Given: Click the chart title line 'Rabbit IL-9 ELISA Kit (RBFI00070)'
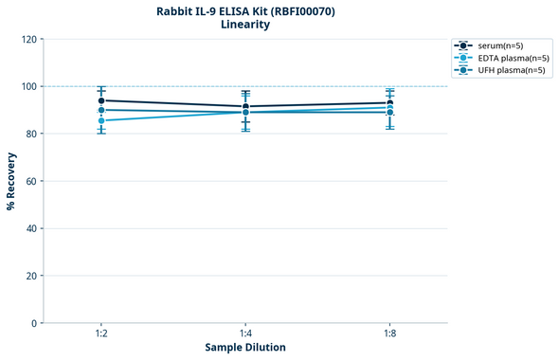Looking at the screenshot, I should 245,11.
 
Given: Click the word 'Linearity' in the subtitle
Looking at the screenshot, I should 245,26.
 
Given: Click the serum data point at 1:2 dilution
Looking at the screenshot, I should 101,100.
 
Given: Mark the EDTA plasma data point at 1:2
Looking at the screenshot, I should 101,120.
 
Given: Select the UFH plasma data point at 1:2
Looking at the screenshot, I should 101,110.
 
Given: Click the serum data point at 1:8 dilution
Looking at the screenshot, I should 390,103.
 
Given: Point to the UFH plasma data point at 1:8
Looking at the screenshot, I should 390,113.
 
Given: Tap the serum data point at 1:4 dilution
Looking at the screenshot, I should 245,106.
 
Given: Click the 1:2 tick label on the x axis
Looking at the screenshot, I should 101,334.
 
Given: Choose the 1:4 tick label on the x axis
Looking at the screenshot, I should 245,334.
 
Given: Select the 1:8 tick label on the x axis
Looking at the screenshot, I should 390,334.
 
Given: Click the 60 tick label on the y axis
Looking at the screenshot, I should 31,181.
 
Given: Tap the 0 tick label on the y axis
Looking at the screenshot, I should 34,323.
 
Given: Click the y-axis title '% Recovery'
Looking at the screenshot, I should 11,180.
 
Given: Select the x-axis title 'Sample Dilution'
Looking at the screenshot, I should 245,348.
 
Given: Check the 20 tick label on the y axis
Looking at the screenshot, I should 31,276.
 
